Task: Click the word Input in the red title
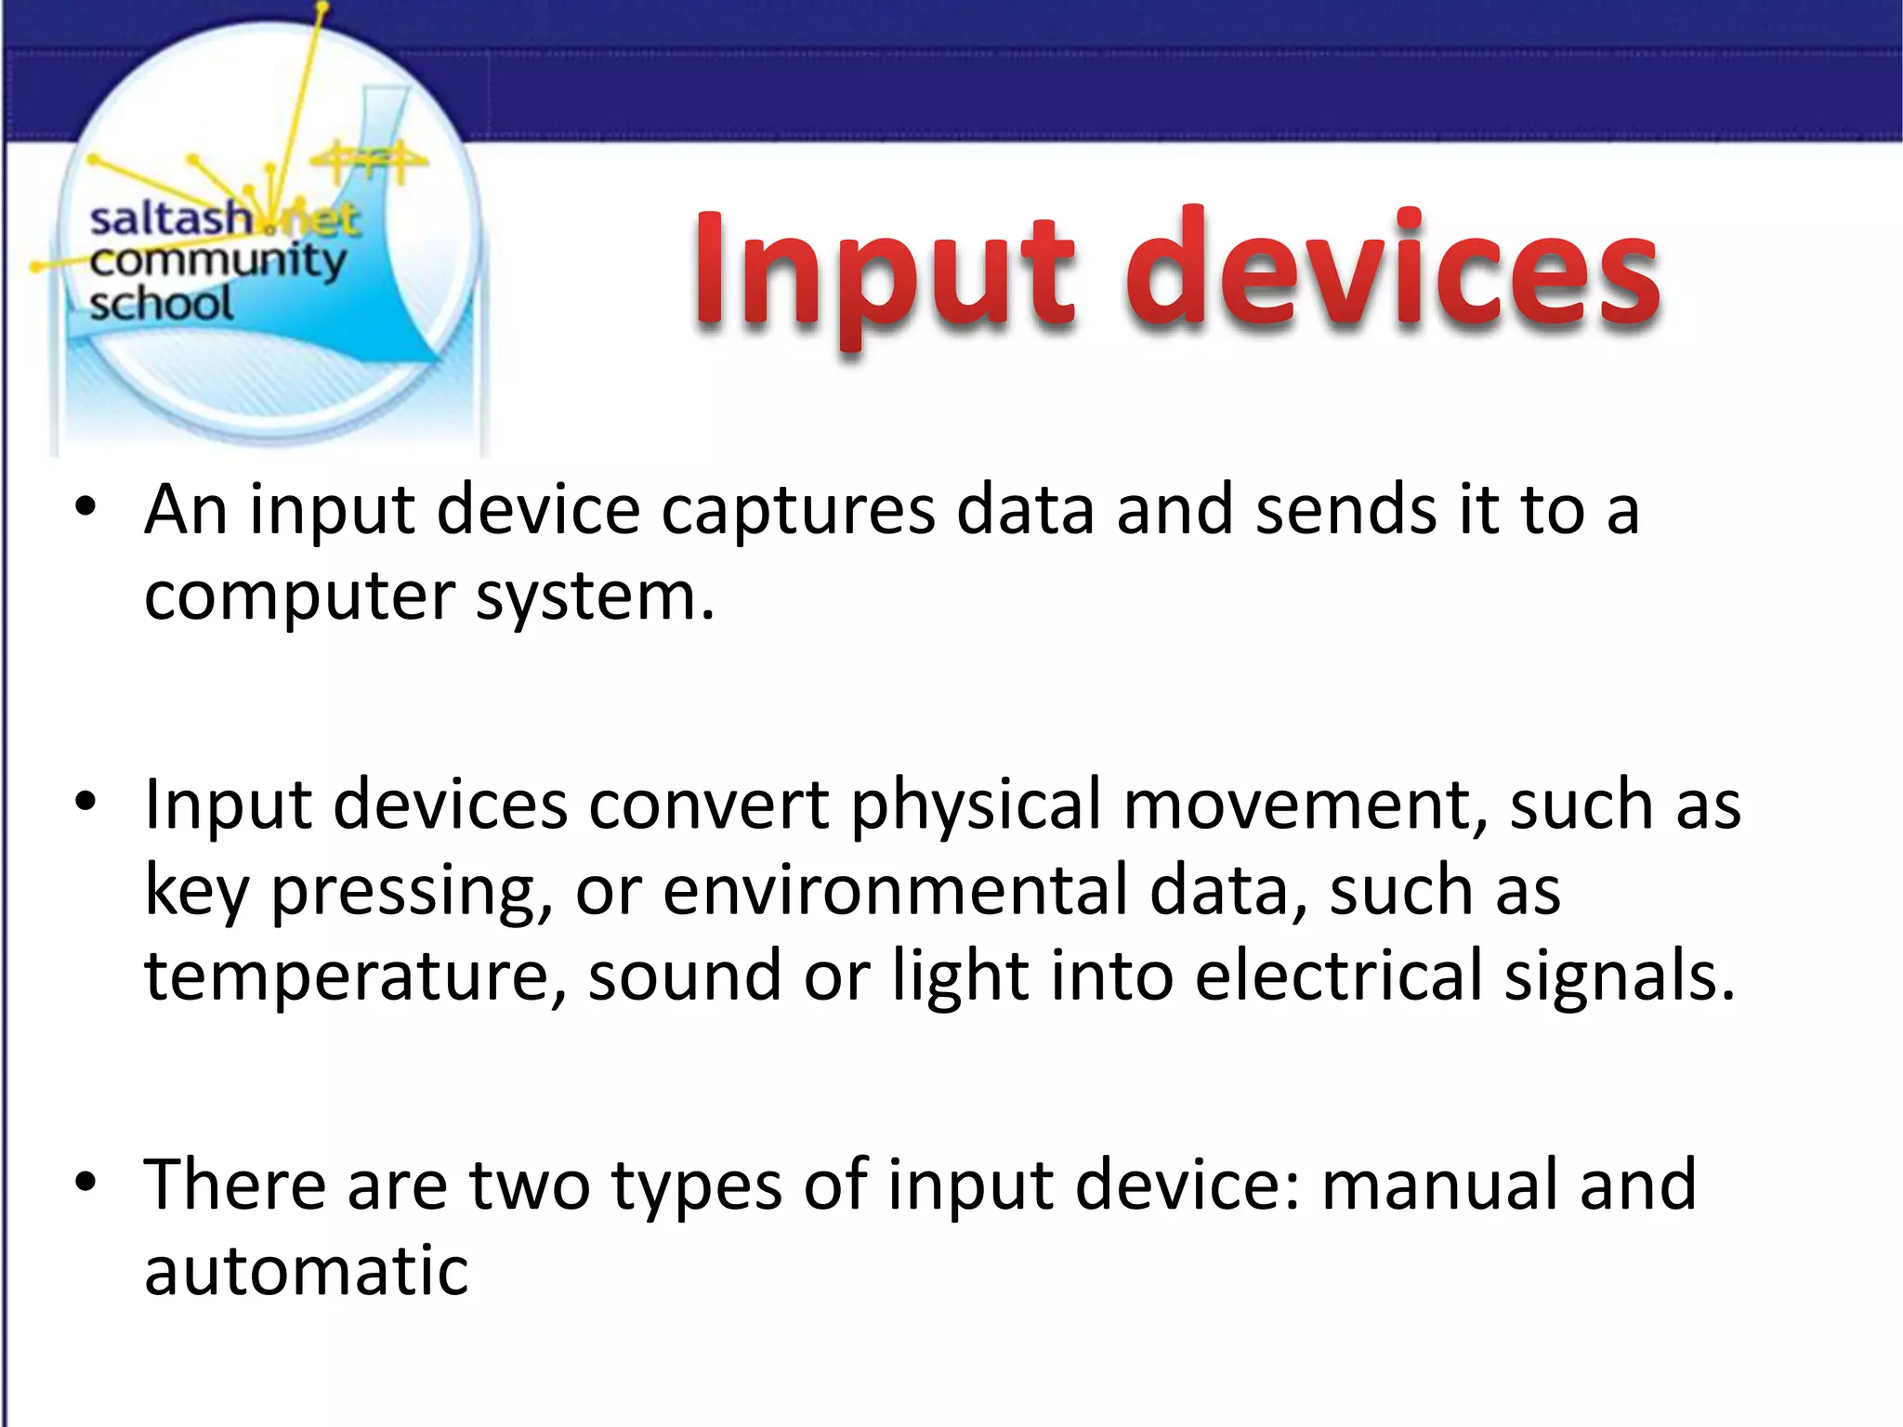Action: click(x=883, y=271)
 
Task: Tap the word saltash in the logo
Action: click(x=170, y=220)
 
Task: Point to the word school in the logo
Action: click(x=161, y=304)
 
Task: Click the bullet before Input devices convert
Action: click(x=85, y=802)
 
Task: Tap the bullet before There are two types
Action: click(x=85, y=1183)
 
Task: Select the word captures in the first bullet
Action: click(x=797, y=512)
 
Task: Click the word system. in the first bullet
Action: click(x=595, y=597)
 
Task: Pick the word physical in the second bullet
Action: click(x=975, y=805)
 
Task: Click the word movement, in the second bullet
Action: click(x=1305, y=805)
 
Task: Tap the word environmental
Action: click(x=894, y=890)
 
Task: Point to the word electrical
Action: click(x=1339, y=975)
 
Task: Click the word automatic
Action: click(x=306, y=1271)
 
